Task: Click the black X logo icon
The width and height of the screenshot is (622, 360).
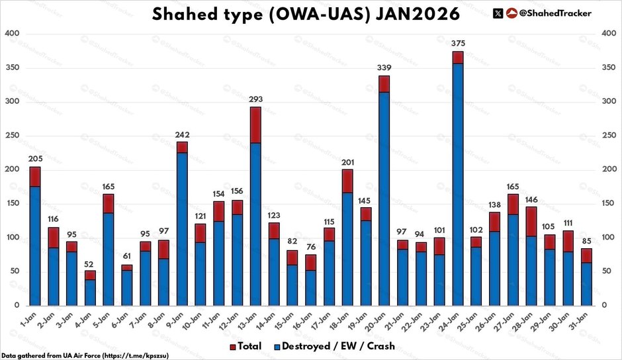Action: pyautogui.click(x=498, y=13)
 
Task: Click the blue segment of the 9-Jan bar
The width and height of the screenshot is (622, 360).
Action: pyautogui.click(x=163, y=228)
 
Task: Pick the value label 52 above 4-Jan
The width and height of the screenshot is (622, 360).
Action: pyautogui.click(x=90, y=265)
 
